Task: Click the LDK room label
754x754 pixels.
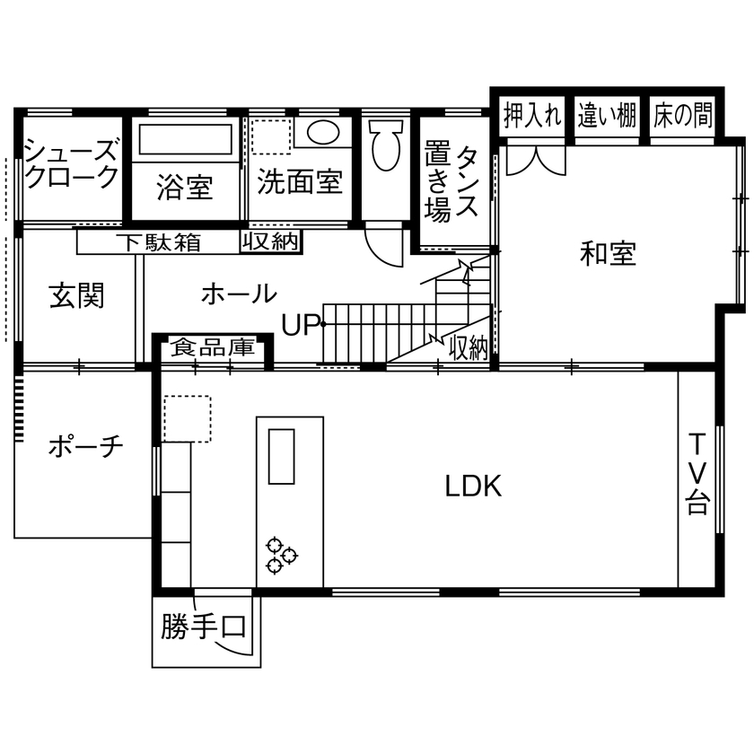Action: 473,486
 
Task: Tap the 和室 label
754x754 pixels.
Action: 608,255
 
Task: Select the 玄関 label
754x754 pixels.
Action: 76,294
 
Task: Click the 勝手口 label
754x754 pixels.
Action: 204,627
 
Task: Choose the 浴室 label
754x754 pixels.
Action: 184,188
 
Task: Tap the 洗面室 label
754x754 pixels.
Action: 300,182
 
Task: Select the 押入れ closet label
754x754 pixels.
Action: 533,116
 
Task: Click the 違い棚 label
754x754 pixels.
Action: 607,116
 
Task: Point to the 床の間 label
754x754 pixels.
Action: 683,116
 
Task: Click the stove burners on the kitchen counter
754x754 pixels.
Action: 281,554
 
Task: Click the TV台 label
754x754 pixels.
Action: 697,473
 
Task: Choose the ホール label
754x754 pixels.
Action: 238,294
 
